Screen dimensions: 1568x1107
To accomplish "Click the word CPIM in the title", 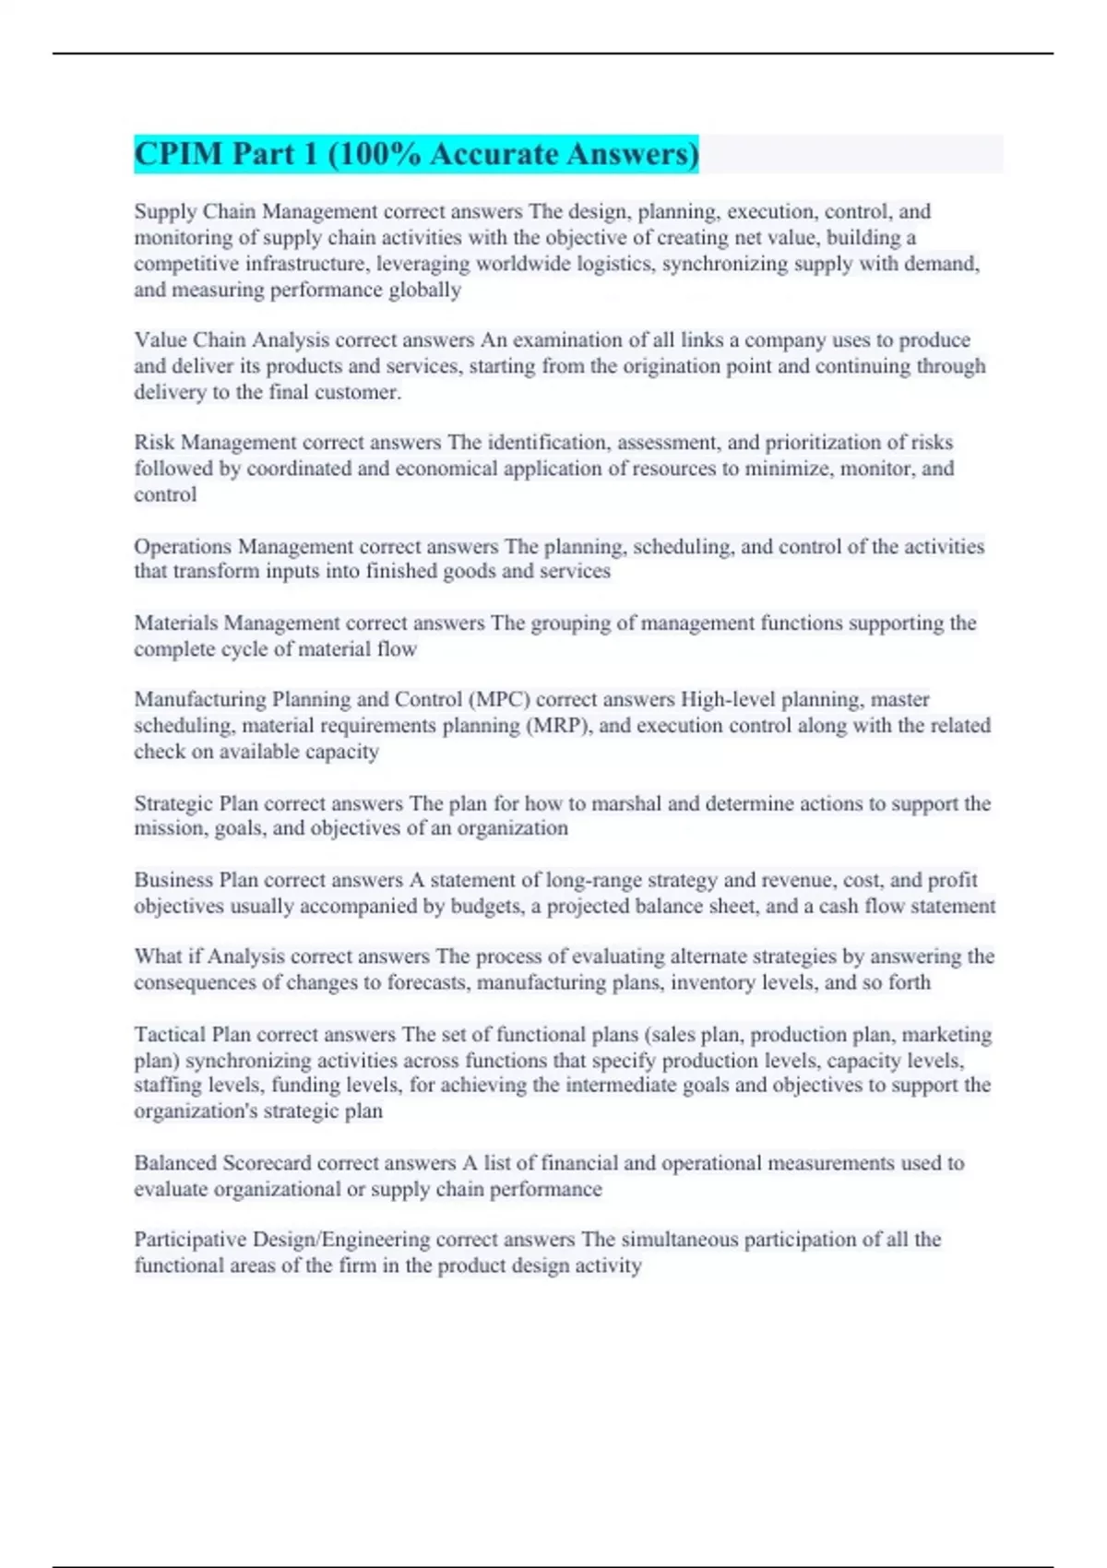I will [178, 154].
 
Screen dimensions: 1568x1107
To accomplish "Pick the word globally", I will [426, 290].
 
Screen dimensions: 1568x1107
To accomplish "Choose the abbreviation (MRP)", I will [559, 726].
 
